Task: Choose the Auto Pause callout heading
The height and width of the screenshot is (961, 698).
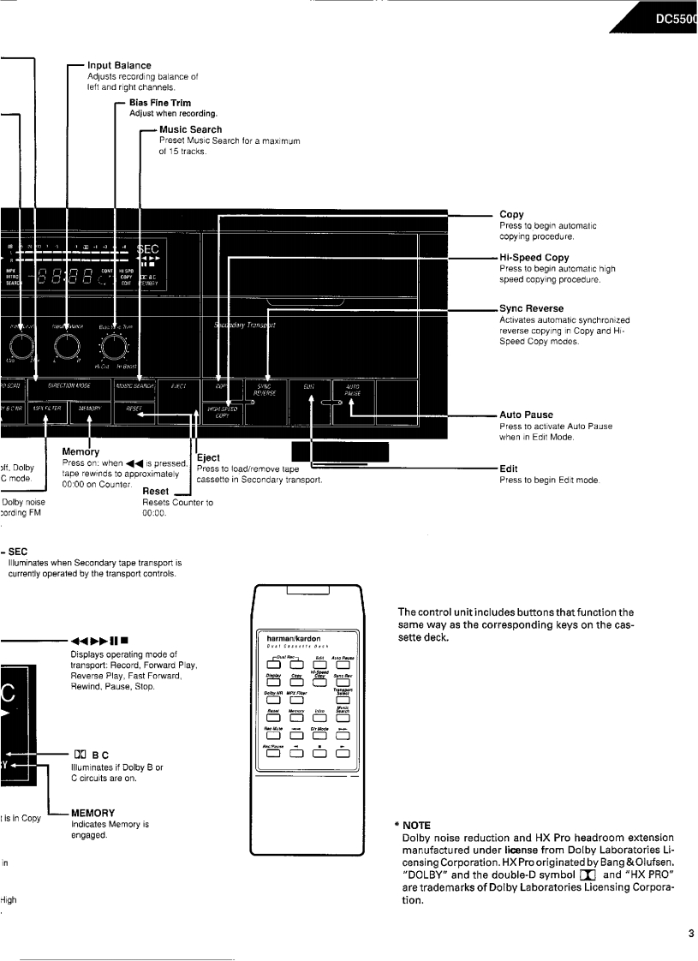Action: pos(526,415)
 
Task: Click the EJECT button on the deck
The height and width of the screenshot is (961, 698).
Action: pos(178,387)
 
